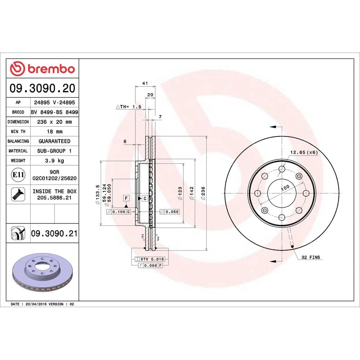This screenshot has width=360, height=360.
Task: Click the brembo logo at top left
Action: click(42, 68)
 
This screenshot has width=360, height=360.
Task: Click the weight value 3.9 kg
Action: click(54, 161)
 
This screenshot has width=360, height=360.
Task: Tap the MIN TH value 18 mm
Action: click(54, 131)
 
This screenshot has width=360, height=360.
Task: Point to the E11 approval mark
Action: click(18, 175)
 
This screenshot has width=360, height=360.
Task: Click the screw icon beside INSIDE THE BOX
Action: click(18, 194)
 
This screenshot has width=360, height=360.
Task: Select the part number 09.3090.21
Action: click(54, 233)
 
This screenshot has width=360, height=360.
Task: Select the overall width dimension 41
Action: click(145, 83)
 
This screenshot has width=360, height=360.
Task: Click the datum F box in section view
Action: click(126, 198)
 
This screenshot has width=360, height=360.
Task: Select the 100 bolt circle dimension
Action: click(285, 188)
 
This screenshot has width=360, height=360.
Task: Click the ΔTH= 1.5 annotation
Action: click(128, 107)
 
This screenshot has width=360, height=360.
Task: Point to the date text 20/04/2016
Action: click(36, 304)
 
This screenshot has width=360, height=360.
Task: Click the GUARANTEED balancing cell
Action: click(54, 141)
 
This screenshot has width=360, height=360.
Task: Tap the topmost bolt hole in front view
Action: click(282, 169)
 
